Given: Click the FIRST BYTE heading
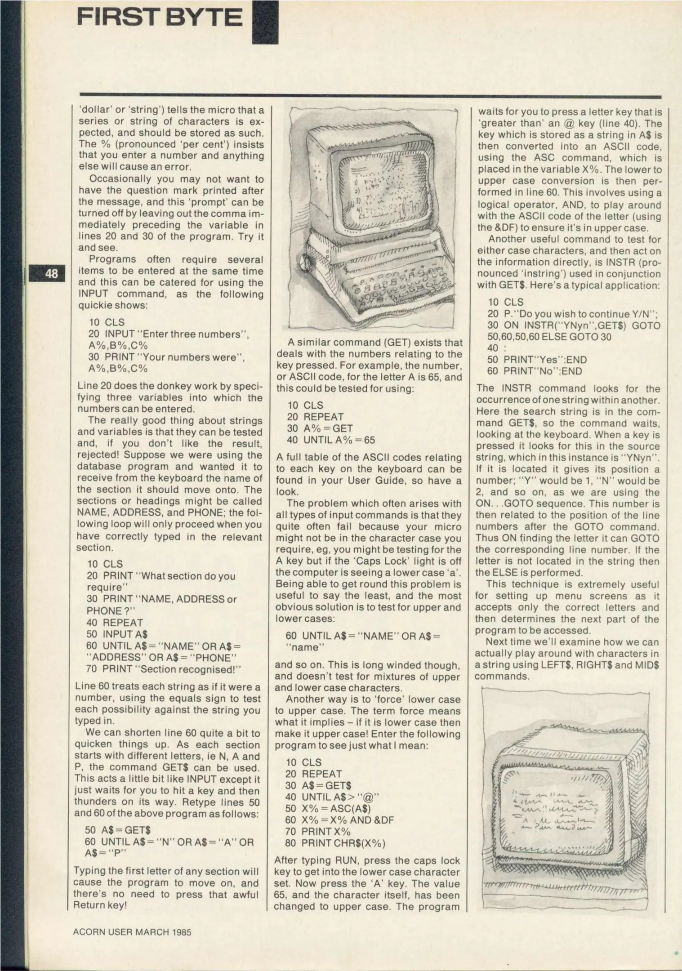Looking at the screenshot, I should point(160,17).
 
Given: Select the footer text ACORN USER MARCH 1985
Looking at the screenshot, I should point(132,932).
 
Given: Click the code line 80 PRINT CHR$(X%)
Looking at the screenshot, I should point(335,843).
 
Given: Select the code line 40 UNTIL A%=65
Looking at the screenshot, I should point(331,440).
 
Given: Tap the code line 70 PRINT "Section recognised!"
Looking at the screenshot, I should point(164,669).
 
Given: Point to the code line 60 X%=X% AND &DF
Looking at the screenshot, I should point(339,820).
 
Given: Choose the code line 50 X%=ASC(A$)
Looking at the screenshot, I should point(328,808).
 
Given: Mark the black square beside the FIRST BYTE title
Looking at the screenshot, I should point(265,22).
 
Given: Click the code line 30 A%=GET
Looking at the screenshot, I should point(320,428).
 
